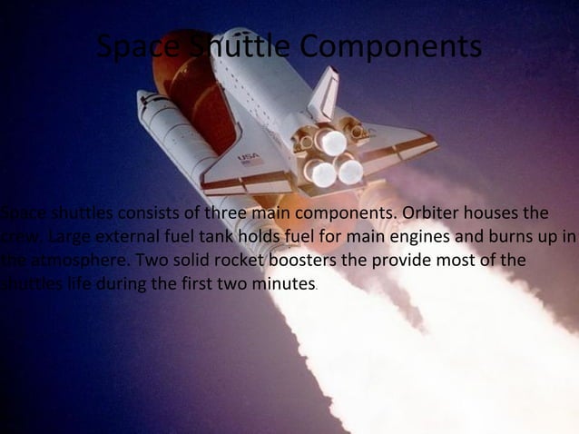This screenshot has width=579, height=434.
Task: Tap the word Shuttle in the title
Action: (x=241, y=48)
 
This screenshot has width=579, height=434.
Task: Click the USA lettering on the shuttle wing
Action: (x=248, y=157)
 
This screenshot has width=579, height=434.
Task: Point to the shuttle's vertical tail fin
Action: (x=324, y=92)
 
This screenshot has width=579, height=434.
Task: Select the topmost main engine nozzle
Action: (x=331, y=141)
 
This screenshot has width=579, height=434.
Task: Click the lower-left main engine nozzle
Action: (x=320, y=173)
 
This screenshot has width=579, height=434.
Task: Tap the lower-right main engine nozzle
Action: (x=349, y=170)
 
